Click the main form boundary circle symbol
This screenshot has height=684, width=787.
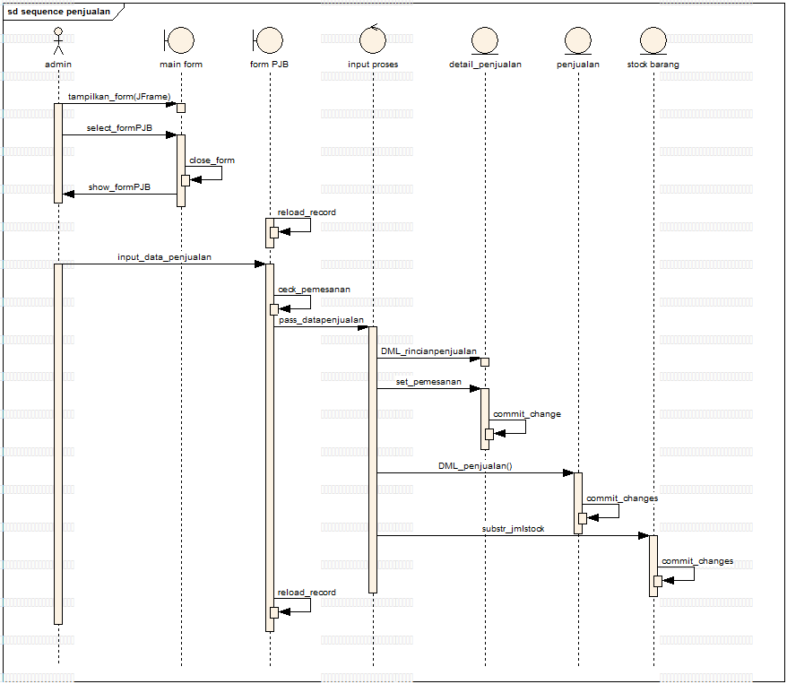[x=181, y=40]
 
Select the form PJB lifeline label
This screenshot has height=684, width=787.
[x=269, y=65]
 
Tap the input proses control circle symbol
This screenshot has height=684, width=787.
[x=373, y=39]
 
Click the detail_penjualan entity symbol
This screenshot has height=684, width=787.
[x=485, y=40]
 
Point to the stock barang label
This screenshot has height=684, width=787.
[x=653, y=65]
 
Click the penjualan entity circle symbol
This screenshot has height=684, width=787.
[x=578, y=40]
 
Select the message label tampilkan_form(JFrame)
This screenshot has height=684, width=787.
[x=119, y=96]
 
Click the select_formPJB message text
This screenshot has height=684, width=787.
[x=119, y=128]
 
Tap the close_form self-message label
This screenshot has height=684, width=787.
[x=212, y=160]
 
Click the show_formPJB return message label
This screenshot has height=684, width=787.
[x=119, y=187]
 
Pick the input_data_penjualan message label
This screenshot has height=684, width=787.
[x=164, y=257]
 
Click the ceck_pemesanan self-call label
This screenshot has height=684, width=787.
[x=314, y=290]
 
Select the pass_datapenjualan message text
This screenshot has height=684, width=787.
[x=321, y=319]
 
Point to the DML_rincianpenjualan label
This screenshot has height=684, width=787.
[x=428, y=351]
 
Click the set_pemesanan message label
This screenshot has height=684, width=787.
[x=428, y=382]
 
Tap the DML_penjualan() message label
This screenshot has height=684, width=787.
[x=475, y=466]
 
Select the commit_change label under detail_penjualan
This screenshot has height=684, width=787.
[x=527, y=414]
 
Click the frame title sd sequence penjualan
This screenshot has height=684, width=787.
[x=59, y=11]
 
